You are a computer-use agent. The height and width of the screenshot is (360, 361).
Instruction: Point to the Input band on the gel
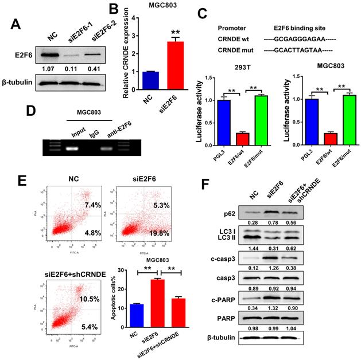72,147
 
